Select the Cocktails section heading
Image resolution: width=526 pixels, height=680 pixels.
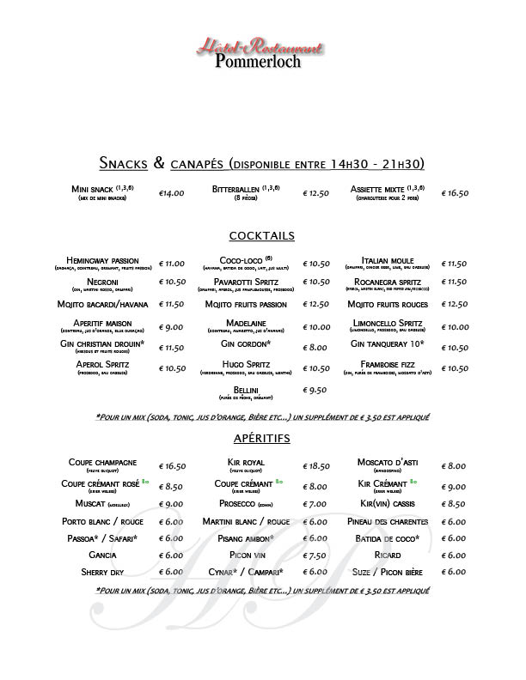coord(262,235)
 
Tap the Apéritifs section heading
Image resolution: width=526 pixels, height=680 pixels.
coord(262,438)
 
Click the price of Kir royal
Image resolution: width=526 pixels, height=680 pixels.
coord(316,466)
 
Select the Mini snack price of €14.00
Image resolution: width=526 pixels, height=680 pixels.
coord(172,193)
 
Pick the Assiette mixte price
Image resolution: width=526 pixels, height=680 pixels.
coord(455,193)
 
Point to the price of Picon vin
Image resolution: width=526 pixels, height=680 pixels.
coord(316,555)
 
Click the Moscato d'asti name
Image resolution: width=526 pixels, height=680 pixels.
coord(388,463)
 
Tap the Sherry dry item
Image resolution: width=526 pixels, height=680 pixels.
coord(103,571)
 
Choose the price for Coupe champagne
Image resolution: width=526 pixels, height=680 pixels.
coord(173,466)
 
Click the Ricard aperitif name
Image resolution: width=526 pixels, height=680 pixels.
coord(388,555)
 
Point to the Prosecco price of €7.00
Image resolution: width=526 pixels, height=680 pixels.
coord(316,504)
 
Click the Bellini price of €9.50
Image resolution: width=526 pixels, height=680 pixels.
coord(316,390)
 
